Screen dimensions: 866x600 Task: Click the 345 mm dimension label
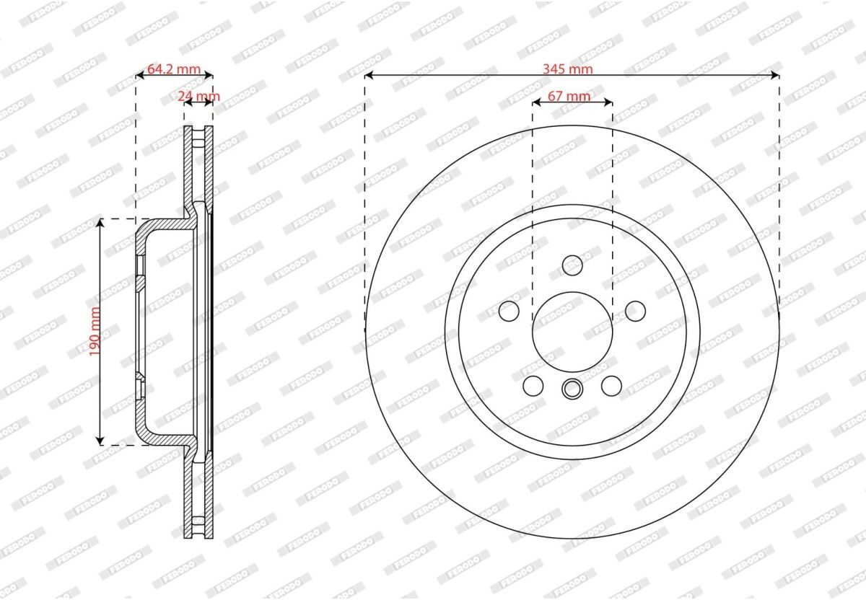(567, 69)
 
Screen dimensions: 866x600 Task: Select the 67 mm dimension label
(569, 96)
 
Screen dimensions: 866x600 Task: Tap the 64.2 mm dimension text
(174, 69)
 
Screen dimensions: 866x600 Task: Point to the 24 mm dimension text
(198, 96)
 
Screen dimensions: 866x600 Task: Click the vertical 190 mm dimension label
(95, 332)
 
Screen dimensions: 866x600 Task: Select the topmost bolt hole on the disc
(572, 265)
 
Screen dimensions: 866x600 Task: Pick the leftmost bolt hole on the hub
(509, 311)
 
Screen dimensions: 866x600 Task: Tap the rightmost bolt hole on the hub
(635, 311)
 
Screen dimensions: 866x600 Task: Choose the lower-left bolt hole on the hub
(533, 386)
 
